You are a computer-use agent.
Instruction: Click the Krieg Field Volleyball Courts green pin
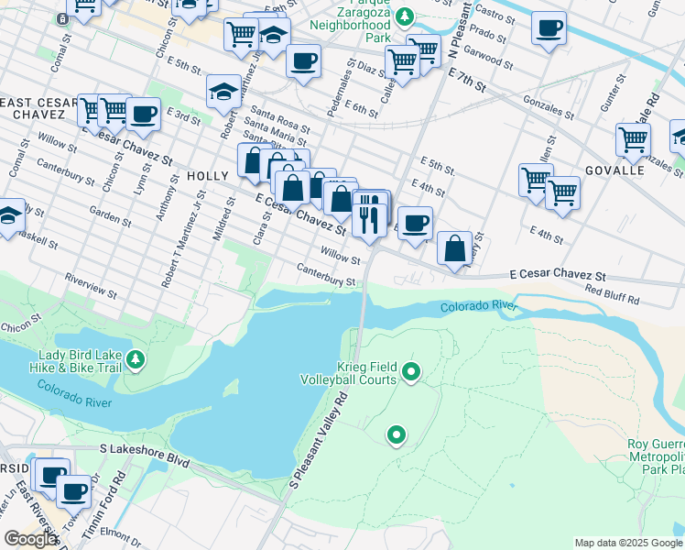(411, 371)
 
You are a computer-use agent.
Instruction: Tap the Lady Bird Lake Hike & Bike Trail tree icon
(136, 357)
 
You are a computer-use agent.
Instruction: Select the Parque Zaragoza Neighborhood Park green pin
(409, 16)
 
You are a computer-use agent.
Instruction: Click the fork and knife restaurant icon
(369, 215)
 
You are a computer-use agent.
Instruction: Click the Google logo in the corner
(29, 539)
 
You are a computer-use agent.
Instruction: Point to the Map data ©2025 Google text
(628, 543)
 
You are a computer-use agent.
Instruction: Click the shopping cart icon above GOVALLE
(633, 140)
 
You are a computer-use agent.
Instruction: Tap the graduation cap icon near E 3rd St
(223, 92)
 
